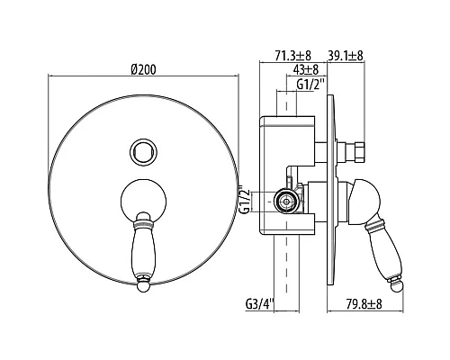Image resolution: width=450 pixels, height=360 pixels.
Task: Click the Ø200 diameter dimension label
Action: [x=144, y=69]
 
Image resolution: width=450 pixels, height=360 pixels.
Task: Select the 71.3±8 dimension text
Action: [x=292, y=56]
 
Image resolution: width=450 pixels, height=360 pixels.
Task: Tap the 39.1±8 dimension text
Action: [x=346, y=56]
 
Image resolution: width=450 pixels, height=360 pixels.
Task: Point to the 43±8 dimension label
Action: [x=305, y=70]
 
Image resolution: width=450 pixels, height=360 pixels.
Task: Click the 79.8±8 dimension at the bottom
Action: [x=364, y=304]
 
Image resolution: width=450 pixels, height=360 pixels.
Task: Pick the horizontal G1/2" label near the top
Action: [x=311, y=84]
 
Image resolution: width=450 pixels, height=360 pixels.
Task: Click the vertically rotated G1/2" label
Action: [x=246, y=199]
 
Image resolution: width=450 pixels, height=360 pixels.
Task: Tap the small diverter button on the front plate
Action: [x=143, y=151]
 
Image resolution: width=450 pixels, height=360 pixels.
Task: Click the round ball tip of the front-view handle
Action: [x=143, y=286]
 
